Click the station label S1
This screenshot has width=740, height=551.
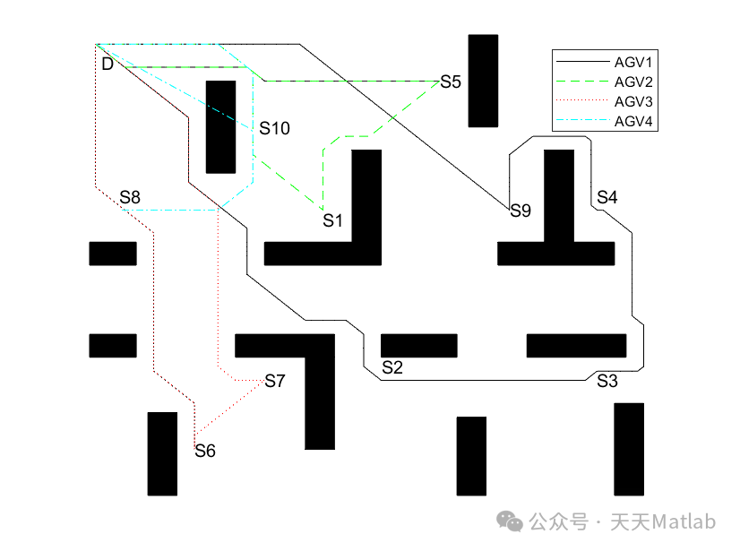coord(333,220)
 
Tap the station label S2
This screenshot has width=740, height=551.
coord(392,367)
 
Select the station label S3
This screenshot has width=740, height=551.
coord(607,381)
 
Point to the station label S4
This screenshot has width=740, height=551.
coord(607,197)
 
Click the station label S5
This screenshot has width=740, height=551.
coord(450,82)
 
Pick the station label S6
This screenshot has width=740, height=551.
coord(205,451)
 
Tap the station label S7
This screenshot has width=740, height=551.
coord(274,382)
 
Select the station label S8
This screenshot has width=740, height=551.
coord(130,197)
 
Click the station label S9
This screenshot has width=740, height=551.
coord(521,211)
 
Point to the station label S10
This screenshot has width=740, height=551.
coord(275,129)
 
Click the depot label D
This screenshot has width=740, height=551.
coord(108,65)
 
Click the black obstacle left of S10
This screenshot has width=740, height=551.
coord(220,126)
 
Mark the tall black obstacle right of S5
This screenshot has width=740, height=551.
coord(483,81)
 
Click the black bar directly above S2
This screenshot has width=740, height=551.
coord(418,345)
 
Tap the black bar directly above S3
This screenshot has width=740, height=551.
coord(576,345)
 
